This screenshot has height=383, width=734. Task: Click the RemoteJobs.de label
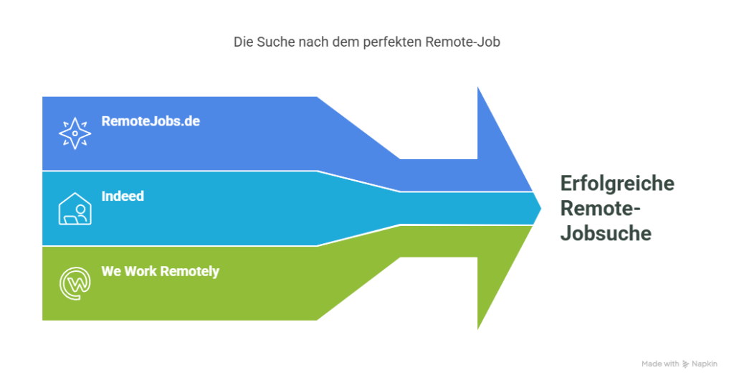[151, 121]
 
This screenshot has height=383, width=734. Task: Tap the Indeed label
[123, 197]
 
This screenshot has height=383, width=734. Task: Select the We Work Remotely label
[160, 272]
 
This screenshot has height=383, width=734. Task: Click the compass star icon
[75, 133]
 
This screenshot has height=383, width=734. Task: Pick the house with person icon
[75, 209]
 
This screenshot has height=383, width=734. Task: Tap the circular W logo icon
[75, 283]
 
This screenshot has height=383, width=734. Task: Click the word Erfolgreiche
[617, 184]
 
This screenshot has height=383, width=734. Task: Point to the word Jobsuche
[606, 233]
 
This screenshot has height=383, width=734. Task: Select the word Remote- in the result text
[600, 209]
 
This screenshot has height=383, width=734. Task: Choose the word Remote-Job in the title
[463, 42]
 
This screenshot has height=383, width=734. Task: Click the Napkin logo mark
[686, 364]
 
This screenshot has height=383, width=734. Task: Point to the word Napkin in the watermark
[705, 364]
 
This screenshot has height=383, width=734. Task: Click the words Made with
[660, 364]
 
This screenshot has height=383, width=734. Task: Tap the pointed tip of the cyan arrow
[540, 209]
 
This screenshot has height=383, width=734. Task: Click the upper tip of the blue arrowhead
[478, 88]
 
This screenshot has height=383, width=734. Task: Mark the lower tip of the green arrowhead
[478, 328]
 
